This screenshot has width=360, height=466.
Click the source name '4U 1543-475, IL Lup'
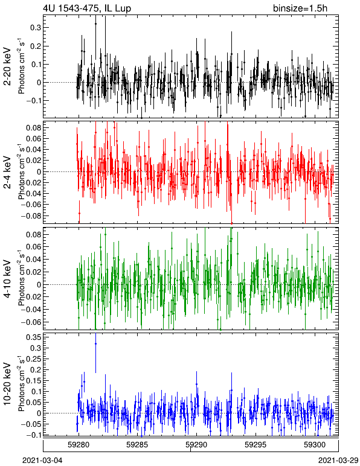pyautogui.click(x=87, y=8)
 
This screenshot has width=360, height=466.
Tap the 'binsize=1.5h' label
pyautogui.click(x=300, y=8)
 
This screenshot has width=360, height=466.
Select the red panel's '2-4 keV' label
pyautogui.click(x=7, y=173)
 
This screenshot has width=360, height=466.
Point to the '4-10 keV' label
pyautogui.click(x=7, y=279)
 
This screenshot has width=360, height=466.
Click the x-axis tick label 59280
pyautogui.click(x=79, y=445)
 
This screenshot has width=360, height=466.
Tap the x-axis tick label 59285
pyautogui.click(x=137, y=445)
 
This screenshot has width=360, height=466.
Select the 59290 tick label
pyautogui.click(x=196, y=445)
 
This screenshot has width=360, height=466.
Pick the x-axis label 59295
pyautogui.click(x=256, y=445)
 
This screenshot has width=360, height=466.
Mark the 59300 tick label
pyautogui.click(x=315, y=445)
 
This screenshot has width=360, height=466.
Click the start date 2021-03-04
pyautogui.click(x=43, y=461)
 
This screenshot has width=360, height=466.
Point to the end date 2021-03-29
pyautogui.click(x=338, y=461)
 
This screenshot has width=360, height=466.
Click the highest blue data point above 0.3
pyautogui.click(x=95, y=344)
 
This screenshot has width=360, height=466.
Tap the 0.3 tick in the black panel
pyautogui.click(x=36, y=28)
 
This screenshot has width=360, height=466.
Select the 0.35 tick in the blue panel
pyautogui.click(x=33, y=337)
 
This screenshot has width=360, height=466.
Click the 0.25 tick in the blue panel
pyautogui.click(x=33, y=359)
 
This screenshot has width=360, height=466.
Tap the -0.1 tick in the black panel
pyautogui.click(x=33, y=101)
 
